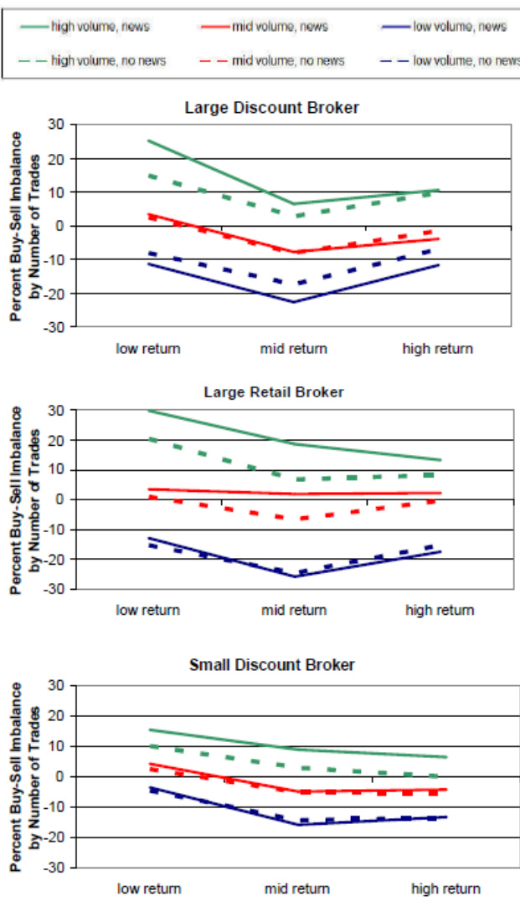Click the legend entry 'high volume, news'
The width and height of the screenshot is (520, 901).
point(100,26)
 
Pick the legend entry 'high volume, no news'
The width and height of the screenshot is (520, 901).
point(108,60)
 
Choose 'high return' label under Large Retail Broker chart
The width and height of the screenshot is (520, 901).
point(440,610)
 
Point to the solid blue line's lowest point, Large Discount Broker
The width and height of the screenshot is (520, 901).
point(293,302)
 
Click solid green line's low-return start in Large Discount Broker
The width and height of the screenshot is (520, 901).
point(148,141)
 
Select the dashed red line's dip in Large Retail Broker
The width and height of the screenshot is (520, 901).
point(295,519)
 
